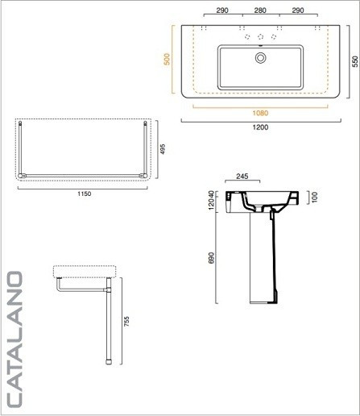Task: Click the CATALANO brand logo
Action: tap(14, 339)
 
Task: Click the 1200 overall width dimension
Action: tap(260, 127)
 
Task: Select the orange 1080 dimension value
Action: tap(260, 113)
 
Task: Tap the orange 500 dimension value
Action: tap(167, 59)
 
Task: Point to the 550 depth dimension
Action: tap(355, 61)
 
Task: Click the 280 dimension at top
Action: tap(260, 10)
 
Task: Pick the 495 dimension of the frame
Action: tap(163, 149)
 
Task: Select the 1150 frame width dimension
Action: tap(85, 193)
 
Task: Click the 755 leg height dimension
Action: tap(126, 322)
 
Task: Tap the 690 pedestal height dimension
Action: tap(212, 258)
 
